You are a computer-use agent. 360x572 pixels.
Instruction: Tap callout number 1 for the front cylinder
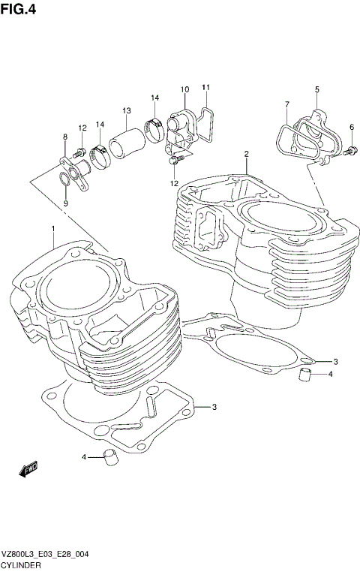[53, 228]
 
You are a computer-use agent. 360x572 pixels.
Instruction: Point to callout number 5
[316, 89]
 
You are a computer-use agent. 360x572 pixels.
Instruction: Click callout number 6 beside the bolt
[351, 127]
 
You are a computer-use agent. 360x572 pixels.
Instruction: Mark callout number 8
[65, 136]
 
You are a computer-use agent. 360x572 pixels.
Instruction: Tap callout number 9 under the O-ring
[65, 203]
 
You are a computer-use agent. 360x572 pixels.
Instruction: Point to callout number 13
[127, 110]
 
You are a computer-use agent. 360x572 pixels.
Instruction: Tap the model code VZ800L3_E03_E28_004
[46, 553]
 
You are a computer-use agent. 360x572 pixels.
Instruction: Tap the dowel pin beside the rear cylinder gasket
[305, 374]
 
